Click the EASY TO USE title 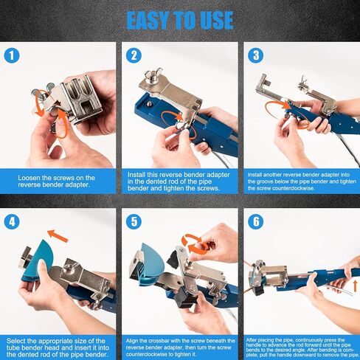(x=180, y=20)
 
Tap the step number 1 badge (x=12, y=55)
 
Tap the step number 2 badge (x=134, y=55)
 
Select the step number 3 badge (x=256, y=55)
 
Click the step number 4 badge (x=12, y=221)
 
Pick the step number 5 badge (x=134, y=221)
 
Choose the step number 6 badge (x=256, y=221)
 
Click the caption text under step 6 (x=302, y=347)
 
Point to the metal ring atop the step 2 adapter (x=156, y=73)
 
